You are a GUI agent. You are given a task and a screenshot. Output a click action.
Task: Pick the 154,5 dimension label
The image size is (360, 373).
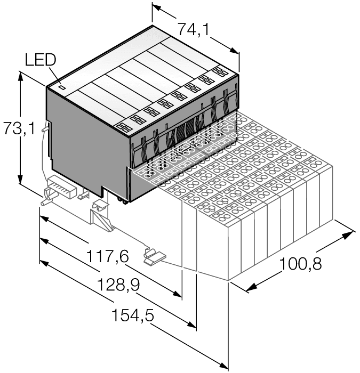[132, 315]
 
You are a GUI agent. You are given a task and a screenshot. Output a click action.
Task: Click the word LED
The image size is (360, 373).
[39, 60]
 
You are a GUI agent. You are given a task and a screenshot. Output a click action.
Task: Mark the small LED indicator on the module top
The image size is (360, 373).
[61, 87]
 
